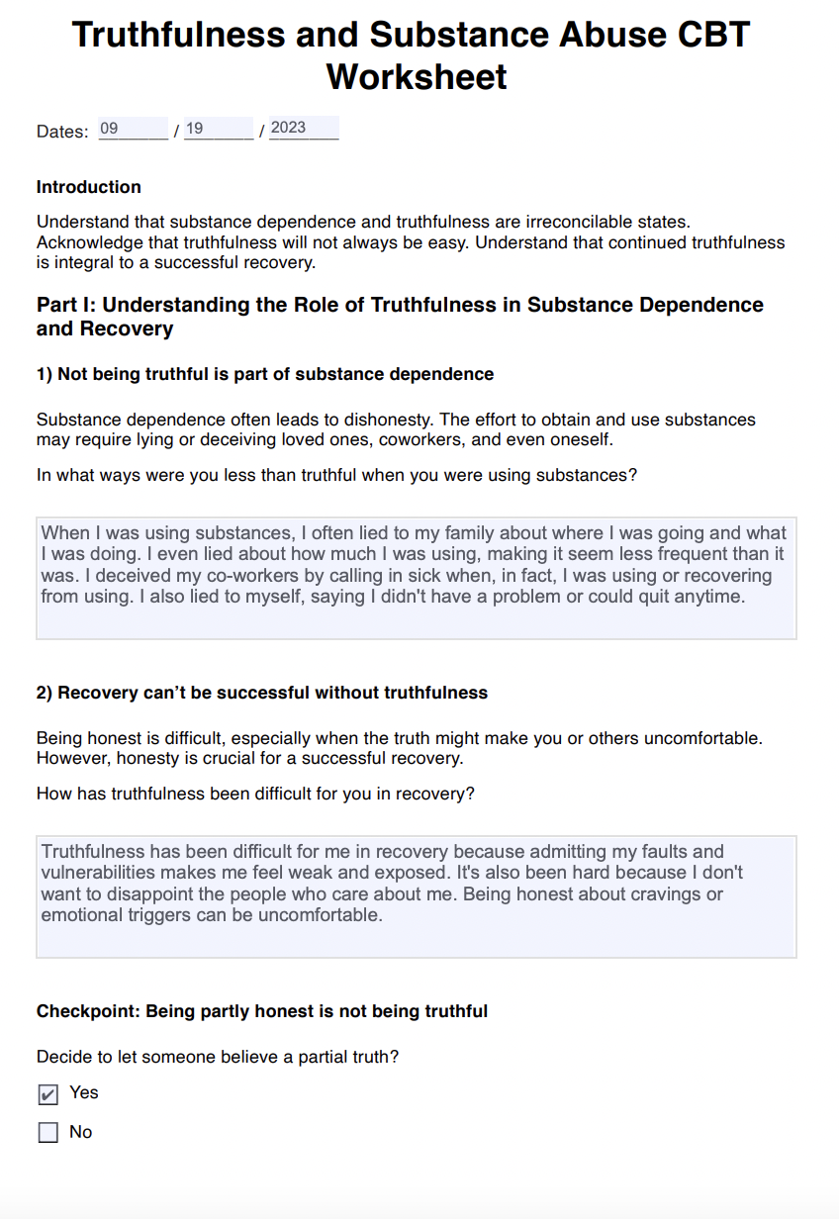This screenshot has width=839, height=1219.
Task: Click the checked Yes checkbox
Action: coord(47,1094)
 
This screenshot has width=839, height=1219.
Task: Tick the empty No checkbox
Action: coord(47,1133)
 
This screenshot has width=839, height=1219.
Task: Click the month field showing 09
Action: coord(133,129)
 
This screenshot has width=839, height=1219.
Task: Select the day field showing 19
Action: coord(219,129)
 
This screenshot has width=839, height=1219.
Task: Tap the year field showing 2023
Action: coord(303,128)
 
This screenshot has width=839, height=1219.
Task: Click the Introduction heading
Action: coord(88,187)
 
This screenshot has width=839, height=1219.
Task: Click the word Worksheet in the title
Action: coord(417,76)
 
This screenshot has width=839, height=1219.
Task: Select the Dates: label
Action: coord(62,132)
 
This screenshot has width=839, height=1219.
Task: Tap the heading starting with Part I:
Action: coord(400,317)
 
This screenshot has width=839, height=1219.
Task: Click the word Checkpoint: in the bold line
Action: coord(88,1011)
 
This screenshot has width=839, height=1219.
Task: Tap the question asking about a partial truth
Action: coord(218,1057)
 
